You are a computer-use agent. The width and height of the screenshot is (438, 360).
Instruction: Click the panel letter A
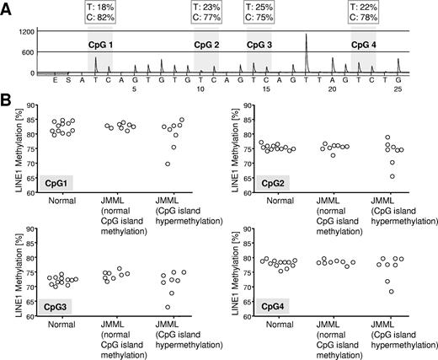coord(6,7)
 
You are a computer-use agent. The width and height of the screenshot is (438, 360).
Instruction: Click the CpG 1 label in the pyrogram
coord(102,43)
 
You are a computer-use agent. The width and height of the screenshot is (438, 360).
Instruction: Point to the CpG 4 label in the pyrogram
coord(366,43)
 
